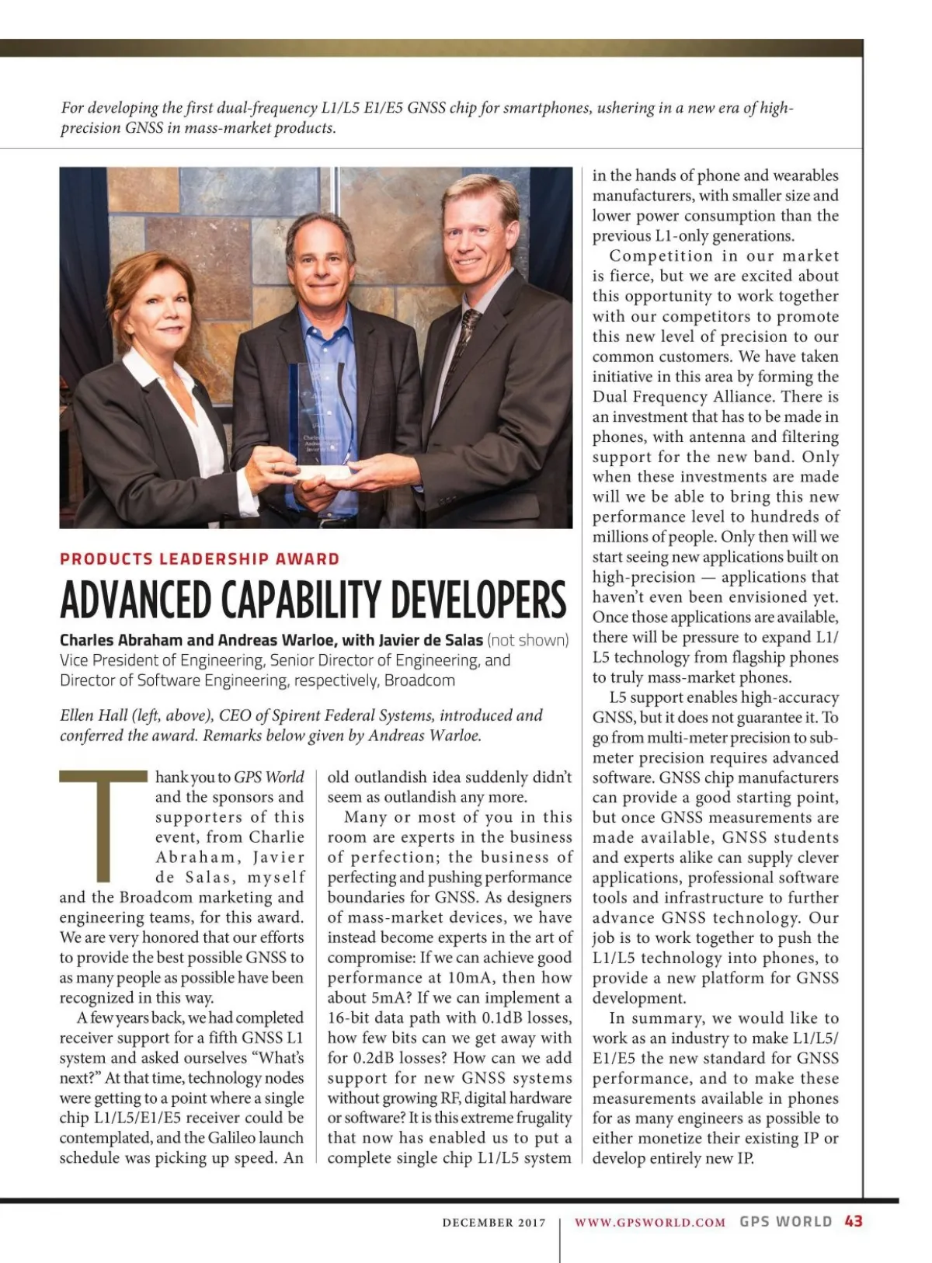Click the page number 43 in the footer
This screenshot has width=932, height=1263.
(x=853, y=1221)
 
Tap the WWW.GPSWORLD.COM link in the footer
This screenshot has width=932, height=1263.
(x=649, y=1222)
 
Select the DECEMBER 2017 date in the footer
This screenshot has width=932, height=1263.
(x=494, y=1223)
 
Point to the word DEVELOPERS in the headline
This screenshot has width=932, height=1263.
(x=478, y=600)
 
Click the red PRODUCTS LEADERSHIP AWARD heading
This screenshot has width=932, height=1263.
(x=200, y=559)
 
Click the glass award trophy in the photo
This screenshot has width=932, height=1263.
(x=319, y=412)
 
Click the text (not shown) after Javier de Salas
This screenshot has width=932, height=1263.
(x=527, y=640)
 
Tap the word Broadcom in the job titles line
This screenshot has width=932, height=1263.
(x=419, y=680)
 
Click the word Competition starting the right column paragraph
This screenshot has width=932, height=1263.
(x=660, y=256)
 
